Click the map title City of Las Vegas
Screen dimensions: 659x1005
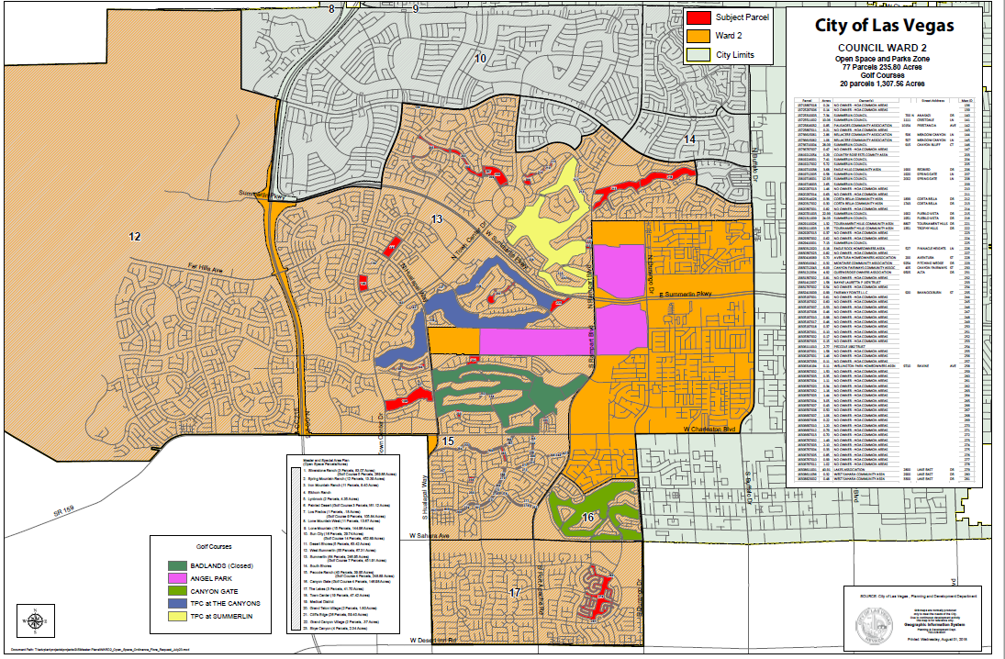tap(884, 26)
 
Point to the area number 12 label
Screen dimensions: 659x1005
tap(135, 237)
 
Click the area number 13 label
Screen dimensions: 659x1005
tap(436, 218)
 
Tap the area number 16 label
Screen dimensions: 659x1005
tap(587, 518)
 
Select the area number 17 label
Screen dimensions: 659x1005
tap(515, 593)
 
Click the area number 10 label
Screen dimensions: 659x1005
tap(480, 59)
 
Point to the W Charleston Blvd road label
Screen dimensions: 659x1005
tap(710, 430)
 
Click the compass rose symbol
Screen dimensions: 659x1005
tap(35, 620)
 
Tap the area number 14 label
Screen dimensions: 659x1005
tap(690, 138)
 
